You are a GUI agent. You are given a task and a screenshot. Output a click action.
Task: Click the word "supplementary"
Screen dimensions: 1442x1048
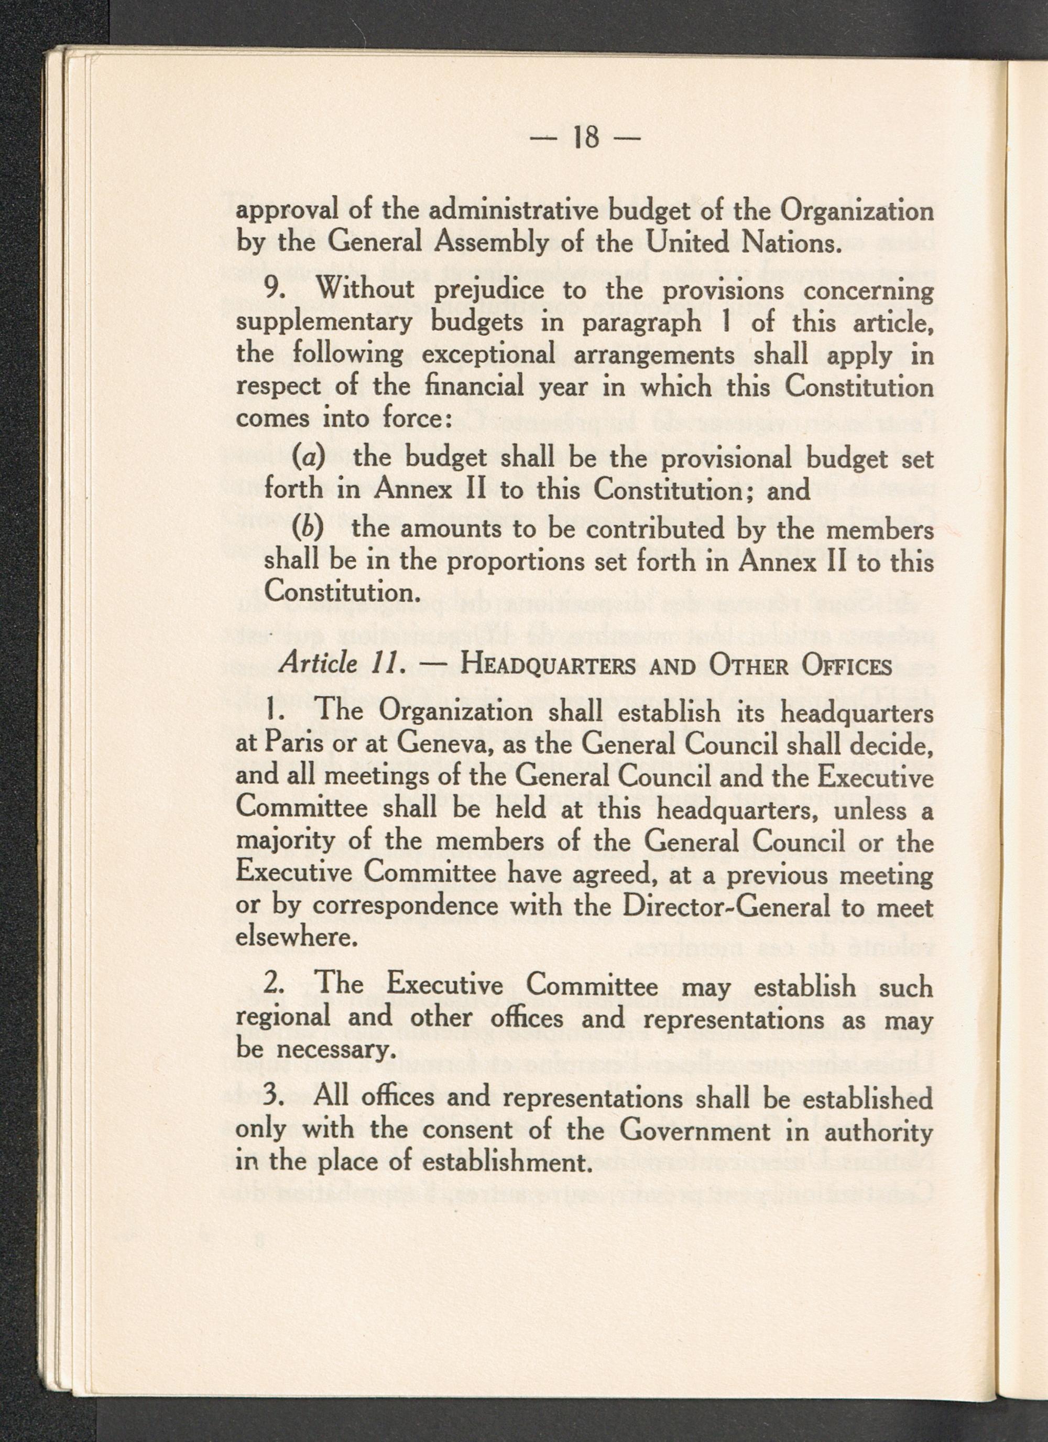323,323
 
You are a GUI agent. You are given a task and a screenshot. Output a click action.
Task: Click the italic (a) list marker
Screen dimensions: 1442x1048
308,458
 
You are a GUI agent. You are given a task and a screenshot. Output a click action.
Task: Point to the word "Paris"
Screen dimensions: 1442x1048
291,743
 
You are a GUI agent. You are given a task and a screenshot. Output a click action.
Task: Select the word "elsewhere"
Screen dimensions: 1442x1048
293,938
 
